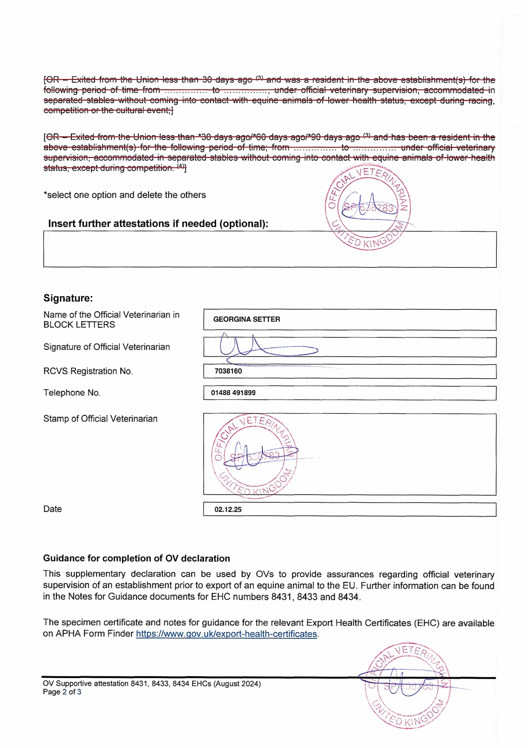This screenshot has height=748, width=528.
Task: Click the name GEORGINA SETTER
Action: [246, 319]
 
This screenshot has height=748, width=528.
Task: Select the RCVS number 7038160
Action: [228, 371]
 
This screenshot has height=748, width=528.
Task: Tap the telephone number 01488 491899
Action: [233, 393]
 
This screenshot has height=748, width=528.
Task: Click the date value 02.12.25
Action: [228, 510]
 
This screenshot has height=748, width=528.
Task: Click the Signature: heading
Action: [68, 298]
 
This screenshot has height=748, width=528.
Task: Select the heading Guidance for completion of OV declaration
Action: [136, 558]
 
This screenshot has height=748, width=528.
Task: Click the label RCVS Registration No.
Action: [88, 371]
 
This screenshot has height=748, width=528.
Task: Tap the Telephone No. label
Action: [72, 393]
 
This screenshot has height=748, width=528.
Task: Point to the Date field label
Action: [52, 509]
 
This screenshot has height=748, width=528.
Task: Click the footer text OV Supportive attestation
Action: [152, 684]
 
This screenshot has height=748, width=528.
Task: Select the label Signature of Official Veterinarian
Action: [106, 347]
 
